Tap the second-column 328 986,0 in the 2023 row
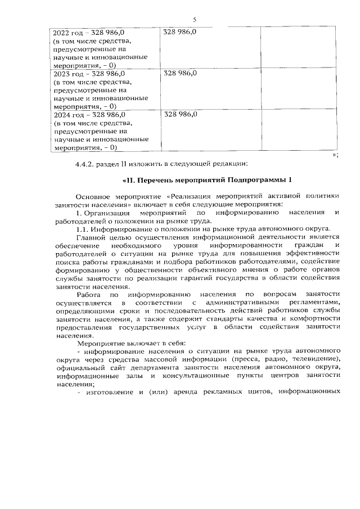pos(179,73)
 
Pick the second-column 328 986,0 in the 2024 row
pos(179,115)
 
